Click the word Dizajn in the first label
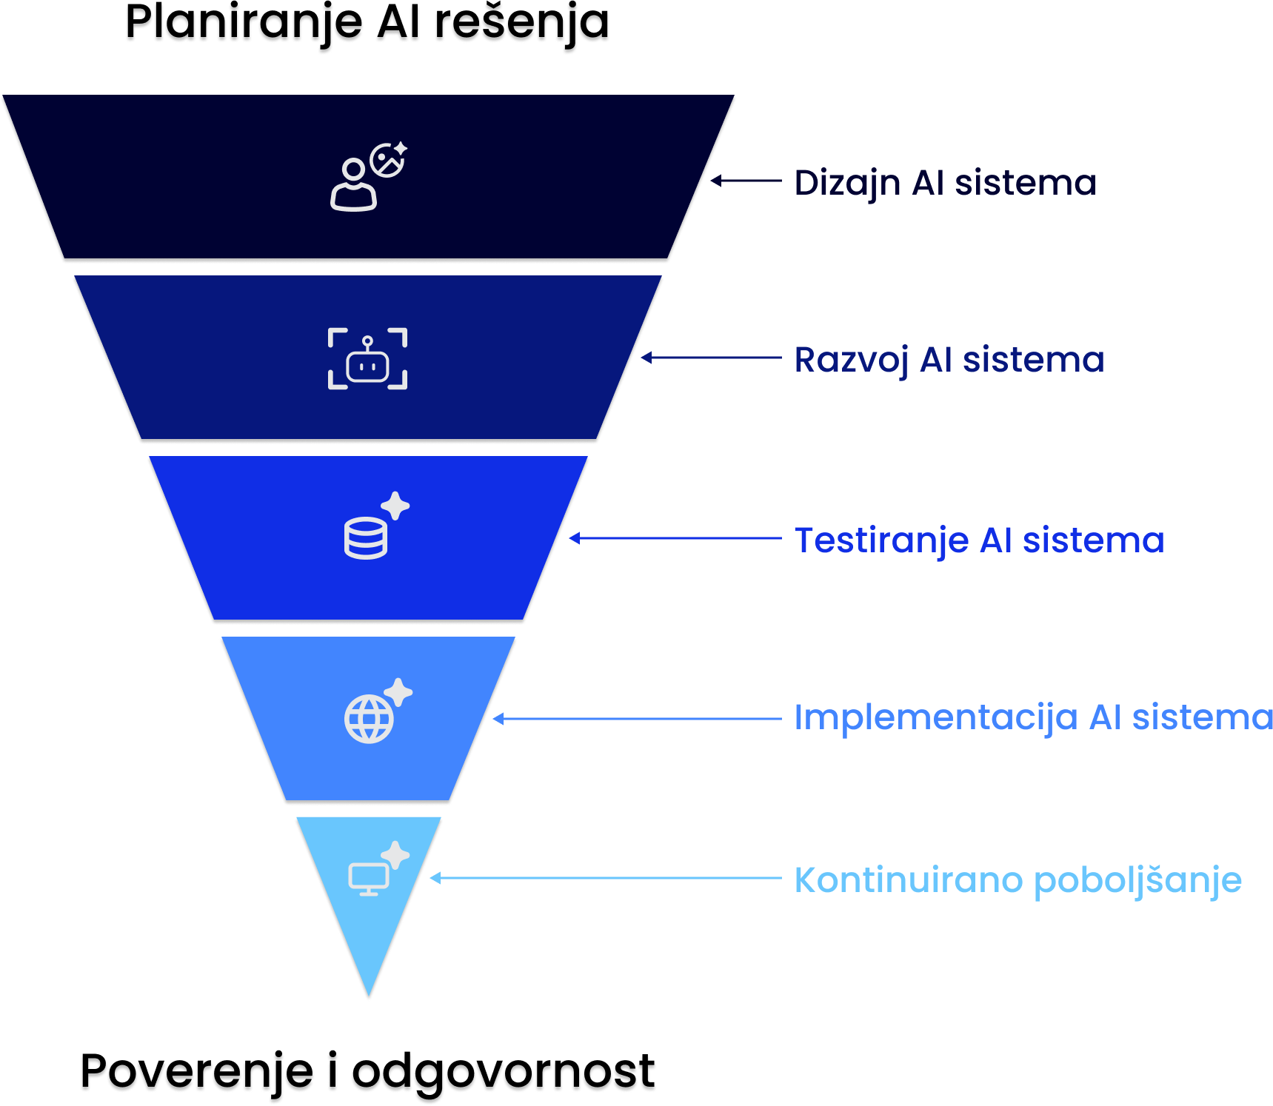847,184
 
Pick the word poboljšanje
1137,881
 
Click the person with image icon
367,177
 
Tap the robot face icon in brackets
367,359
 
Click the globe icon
369,718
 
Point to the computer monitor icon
369,879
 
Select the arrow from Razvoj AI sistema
711,358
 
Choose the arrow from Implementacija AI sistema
637,719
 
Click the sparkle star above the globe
398,692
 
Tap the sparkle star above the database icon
395,506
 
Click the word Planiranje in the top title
244,26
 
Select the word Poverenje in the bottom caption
197,1075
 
